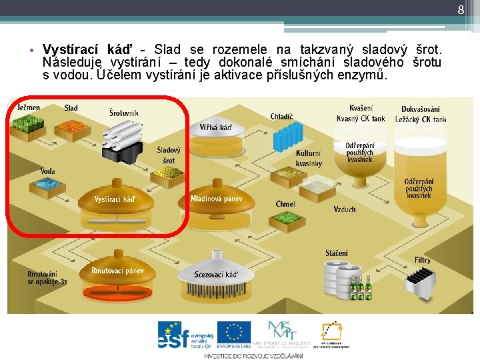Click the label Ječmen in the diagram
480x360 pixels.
coord(29,108)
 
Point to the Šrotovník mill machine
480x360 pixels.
coord(123,141)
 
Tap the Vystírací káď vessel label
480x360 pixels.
coord(115,199)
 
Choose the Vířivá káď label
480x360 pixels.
coord(216,127)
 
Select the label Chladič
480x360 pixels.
coord(281,117)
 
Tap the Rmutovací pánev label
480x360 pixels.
coord(117,271)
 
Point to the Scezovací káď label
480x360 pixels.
coord(216,275)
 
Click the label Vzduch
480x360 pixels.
coord(345,209)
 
